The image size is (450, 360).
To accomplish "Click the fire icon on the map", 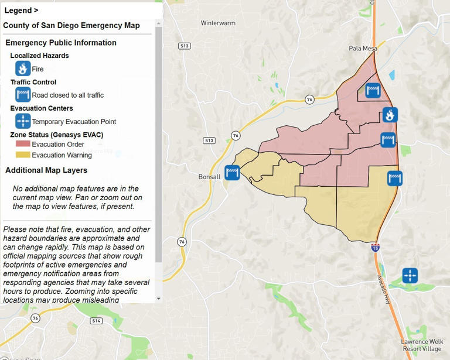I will [390, 115].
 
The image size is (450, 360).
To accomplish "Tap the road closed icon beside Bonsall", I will [233, 172].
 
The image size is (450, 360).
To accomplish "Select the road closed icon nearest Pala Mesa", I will [373, 90].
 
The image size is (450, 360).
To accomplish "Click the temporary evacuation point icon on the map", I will [410, 275].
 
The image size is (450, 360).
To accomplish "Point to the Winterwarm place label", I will [217, 23].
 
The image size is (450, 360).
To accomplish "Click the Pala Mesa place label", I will [362, 49].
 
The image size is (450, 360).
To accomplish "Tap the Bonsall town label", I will [209, 176].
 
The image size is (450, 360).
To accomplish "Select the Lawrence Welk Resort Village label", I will [421, 345].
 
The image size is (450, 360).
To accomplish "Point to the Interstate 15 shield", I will [375, 248].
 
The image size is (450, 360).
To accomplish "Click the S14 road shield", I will [97, 321].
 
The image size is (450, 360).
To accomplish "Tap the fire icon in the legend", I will [23, 68].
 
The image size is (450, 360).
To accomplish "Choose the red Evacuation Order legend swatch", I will [23, 144].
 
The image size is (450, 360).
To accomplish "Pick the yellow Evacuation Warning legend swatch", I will [23, 155].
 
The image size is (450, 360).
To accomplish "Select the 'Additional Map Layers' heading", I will [46, 170].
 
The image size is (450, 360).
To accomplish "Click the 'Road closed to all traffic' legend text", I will [67, 95].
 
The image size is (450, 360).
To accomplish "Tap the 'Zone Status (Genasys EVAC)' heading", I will [56, 135].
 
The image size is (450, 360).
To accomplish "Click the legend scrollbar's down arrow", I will [158, 299].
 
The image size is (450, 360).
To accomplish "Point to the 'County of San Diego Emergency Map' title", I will [71, 26].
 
